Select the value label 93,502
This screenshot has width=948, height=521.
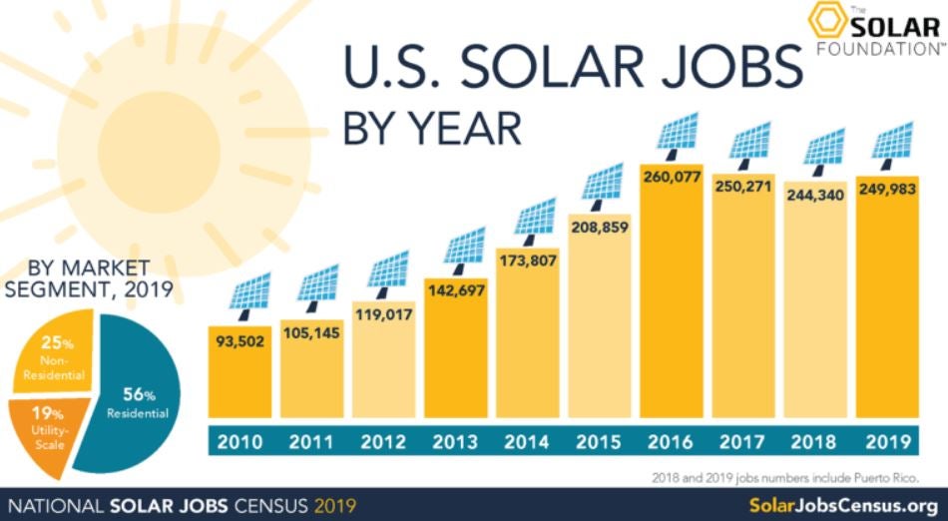238,341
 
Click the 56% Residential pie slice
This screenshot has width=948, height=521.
140,399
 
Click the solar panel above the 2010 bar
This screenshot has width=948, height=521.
238,291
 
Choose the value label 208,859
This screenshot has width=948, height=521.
599,228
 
